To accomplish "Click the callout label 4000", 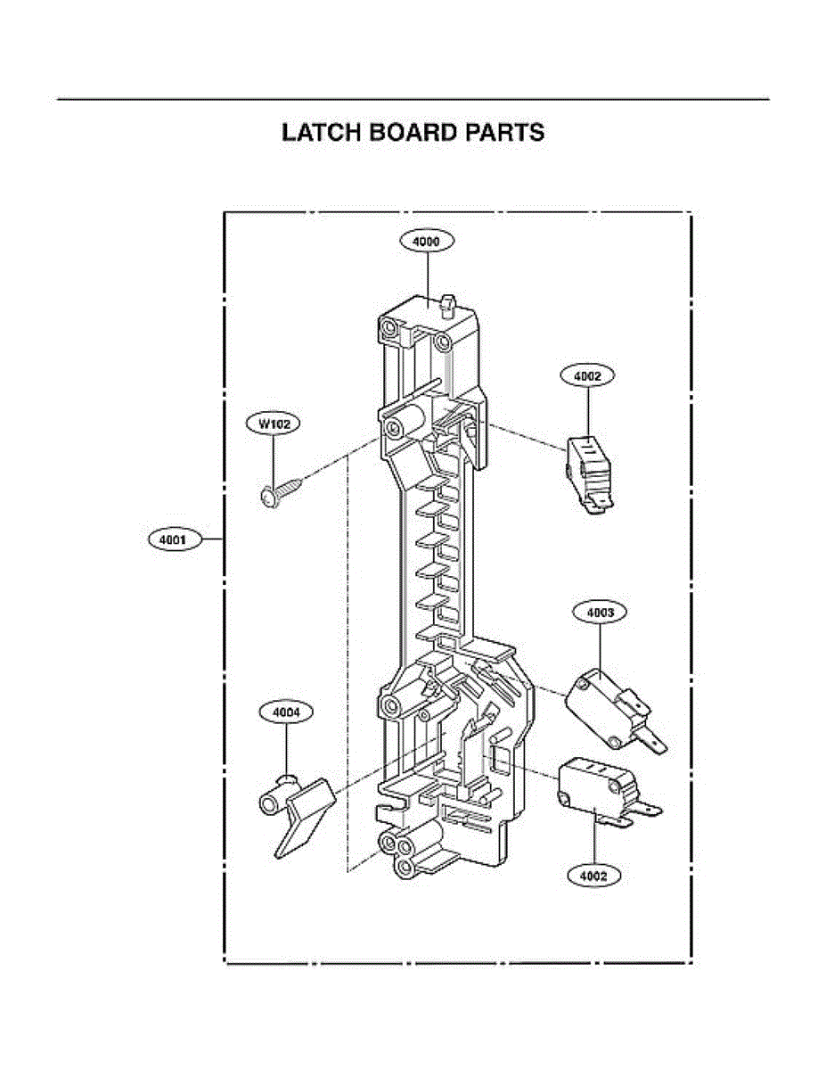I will tap(427, 241).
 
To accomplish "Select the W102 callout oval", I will tap(274, 424).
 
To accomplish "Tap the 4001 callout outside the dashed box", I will tap(173, 539).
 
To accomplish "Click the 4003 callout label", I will tap(600, 613).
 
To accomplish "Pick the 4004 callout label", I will tap(285, 712).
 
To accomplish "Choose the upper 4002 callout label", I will tap(588, 376).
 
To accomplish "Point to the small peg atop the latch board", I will tap(447, 303).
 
